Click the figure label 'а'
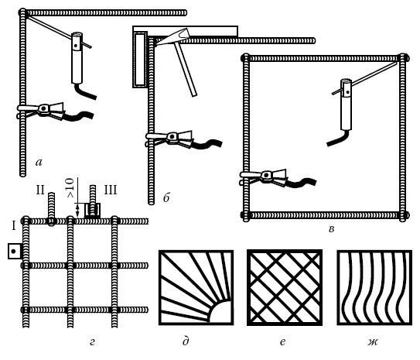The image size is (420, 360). (x=39, y=162)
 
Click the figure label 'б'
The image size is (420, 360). (x=166, y=197)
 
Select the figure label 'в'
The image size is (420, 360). (x=332, y=228)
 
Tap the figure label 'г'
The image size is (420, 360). (x=92, y=342)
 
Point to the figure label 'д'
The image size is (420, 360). (x=186, y=341)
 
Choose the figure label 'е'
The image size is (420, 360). (x=282, y=342)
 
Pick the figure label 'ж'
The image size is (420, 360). (x=372, y=342)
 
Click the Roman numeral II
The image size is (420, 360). (x=40, y=190)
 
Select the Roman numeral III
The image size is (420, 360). (x=111, y=190)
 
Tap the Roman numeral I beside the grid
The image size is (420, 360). (x=14, y=226)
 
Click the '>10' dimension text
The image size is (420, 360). (x=70, y=188)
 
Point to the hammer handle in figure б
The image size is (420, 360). (x=186, y=69)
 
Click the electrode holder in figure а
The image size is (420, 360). (x=77, y=57)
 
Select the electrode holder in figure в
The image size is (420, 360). (x=346, y=105)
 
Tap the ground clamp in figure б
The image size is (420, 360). (x=169, y=139)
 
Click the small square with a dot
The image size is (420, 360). (x=15, y=251)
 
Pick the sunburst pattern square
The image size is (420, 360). (x=196, y=288)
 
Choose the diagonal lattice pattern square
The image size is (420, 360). (x=285, y=288)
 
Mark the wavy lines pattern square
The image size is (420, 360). (x=374, y=288)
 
